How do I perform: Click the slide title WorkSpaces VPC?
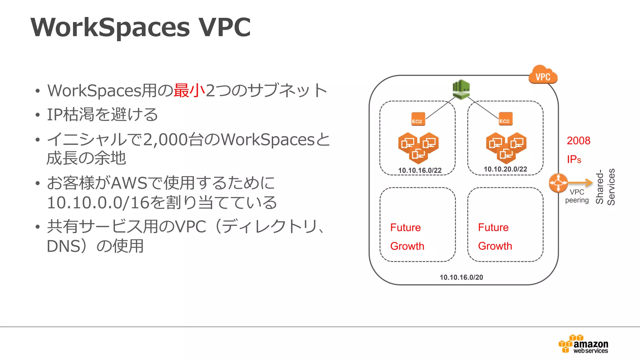click(141, 27)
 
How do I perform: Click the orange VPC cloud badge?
click(543, 75)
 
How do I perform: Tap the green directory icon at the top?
click(461, 89)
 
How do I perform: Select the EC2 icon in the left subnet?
click(418, 119)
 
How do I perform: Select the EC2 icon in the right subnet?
click(505, 119)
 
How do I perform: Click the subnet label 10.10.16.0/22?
click(420, 170)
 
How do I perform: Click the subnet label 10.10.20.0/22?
click(505, 169)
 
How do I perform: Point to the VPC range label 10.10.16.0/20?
click(461, 277)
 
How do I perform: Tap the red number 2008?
click(578, 141)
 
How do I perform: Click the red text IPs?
click(574, 159)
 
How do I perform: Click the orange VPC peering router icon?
click(558, 183)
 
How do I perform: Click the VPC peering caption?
click(577, 196)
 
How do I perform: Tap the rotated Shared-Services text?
click(605, 187)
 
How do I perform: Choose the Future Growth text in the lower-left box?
click(407, 237)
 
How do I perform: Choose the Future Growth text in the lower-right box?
click(495, 237)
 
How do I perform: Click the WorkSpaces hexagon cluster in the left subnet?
click(418, 148)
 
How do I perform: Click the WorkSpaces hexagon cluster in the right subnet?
click(506, 148)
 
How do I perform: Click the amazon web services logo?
click(583, 344)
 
